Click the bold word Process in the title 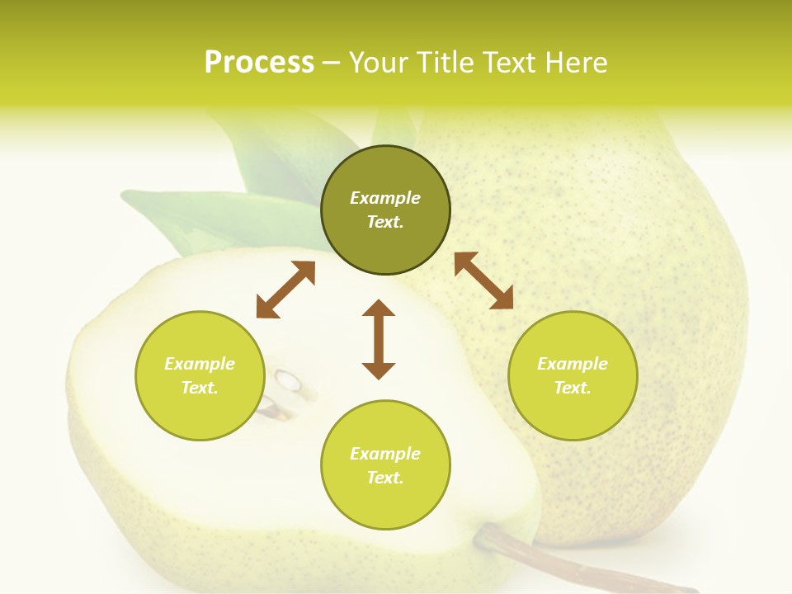pyautogui.click(x=259, y=63)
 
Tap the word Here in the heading pyautogui.click(x=577, y=63)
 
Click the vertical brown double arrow pyautogui.click(x=379, y=339)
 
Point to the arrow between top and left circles pyautogui.click(x=285, y=289)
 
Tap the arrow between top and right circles pyautogui.click(x=483, y=280)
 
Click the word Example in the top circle pyautogui.click(x=385, y=198)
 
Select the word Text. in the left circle pyautogui.click(x=200, y=388)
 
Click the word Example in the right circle pyautogui.click(x=573, y=364)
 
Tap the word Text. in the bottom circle pyautogui.click(x=385, y=478)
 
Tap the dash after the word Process pyautogui.click(x=331, y=63)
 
